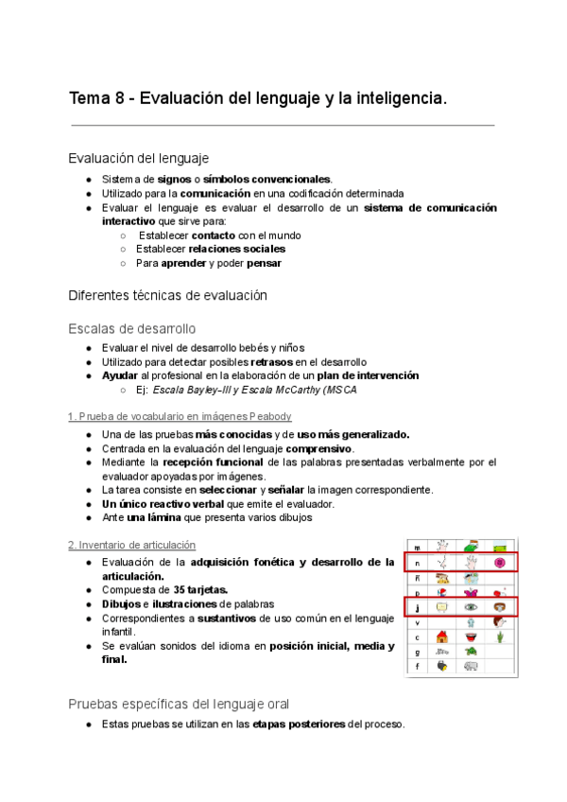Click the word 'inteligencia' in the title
click(x=395, y=98)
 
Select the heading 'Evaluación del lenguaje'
click(x=139, y=158)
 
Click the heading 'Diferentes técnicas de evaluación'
click(x=168, y=295)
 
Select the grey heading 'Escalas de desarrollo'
click(x=132, y=329)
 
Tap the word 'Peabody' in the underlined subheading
click(x=269, y=416)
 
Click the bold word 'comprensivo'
click(x=320, y=448)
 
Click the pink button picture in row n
click(x=499, y=563)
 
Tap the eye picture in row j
click(x=471, y=607)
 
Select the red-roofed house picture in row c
click(x=441, y=636)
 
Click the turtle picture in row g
click(x=471, y=652)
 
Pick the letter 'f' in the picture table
click(x=417, y=667)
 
